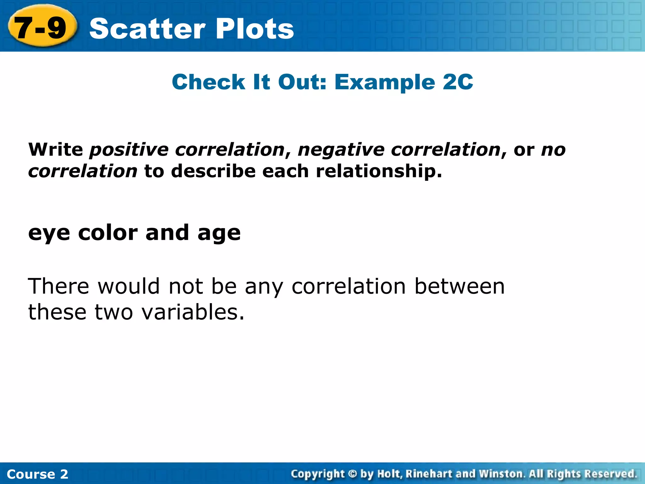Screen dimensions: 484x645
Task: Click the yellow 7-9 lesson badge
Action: tap(41, 27)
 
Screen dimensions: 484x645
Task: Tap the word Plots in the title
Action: tap(255, 29)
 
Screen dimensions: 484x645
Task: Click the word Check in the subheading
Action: tap(208, 82)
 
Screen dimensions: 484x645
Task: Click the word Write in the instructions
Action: tap(56, 149)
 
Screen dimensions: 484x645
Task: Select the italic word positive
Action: tap(129, 150)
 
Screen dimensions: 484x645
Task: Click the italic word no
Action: tap(553, 150)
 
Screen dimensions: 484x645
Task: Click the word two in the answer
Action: tap(114, 313)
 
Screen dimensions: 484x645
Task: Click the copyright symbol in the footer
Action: tap(352, 474)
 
